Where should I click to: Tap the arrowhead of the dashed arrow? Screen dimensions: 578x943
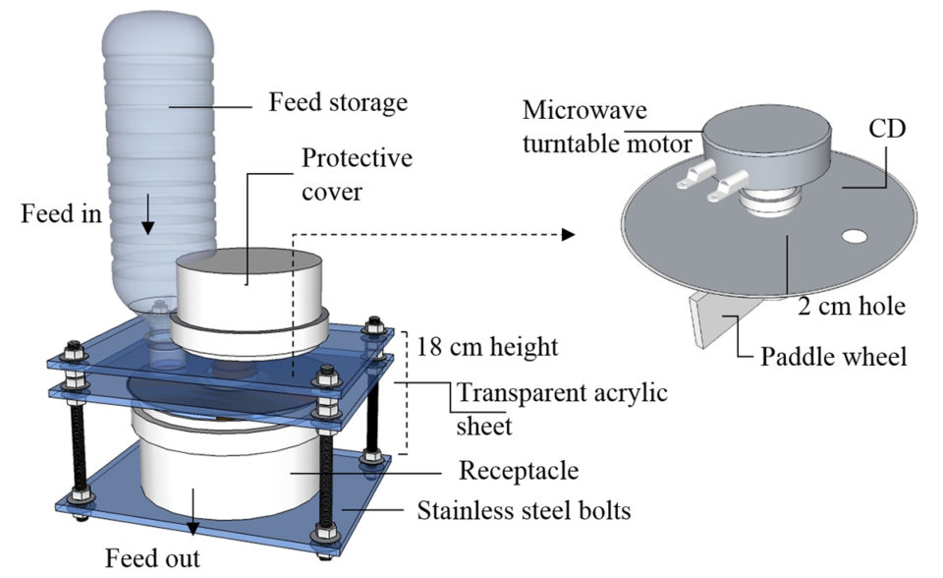(x=568, y=235)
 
